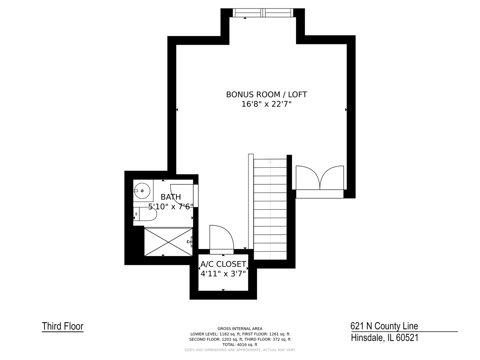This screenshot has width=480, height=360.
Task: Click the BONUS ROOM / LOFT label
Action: (266, 95)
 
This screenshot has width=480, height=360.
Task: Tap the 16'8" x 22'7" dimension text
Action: (266, 104)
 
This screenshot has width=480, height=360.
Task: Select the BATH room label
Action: (171, 197)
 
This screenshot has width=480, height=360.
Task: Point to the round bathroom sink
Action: (142, 191)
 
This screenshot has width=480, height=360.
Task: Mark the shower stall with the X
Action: (168, 242)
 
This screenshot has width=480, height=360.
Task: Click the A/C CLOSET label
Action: (223, 264)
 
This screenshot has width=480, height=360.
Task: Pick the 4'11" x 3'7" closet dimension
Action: (223, 274)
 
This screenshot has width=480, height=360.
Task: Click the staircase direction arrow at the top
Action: (270, 162)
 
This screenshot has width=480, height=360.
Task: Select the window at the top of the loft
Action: (263, 13)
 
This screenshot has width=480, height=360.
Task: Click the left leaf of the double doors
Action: (307, 178)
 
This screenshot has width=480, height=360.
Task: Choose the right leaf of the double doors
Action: (332, 178)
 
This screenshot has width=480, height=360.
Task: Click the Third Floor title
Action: (63, 326)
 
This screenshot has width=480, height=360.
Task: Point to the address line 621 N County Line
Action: (384, 326)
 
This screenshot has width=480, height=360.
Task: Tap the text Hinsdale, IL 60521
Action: (384, 338)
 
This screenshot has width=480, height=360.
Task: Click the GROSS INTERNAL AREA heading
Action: (240, 329)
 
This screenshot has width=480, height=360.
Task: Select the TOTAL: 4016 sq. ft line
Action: (240, 345)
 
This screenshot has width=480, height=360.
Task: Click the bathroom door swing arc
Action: (182, 190)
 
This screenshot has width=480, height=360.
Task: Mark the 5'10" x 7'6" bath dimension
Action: (171, 207)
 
